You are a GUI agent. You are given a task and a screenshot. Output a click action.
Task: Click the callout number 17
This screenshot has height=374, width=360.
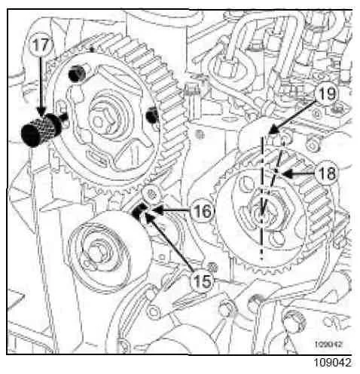[x=40, y=45]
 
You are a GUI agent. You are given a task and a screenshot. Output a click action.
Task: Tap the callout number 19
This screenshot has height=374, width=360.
[x=327, y=93]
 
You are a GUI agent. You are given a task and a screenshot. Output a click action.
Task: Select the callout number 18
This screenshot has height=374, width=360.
[x=327, y=173]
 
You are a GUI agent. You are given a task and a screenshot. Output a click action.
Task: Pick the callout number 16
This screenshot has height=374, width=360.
[x=203, y=210]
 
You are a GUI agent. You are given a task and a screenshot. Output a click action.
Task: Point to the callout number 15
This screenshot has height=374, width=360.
[x=203, y=280]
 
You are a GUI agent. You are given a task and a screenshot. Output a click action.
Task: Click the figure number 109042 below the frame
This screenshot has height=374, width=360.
[x=332, y=363]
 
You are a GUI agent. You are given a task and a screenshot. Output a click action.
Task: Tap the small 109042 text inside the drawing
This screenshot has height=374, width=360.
[x=328, y=344]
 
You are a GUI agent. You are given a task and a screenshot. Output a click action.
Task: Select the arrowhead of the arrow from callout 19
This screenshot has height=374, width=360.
[x=273, y=130]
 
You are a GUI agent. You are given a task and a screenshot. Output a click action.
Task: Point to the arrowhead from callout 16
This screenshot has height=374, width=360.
[x=158, y=210]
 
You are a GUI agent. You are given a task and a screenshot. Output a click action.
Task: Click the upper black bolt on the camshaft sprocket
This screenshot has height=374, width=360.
[x=77, y=74]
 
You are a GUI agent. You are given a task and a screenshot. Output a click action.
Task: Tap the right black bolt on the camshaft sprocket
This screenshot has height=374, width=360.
[x=152, y=115]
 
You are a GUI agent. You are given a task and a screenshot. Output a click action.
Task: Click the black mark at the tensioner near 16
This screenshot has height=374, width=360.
[x=139, y=210]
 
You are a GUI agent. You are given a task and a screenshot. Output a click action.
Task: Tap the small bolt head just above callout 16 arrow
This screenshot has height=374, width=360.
[x=151, y=194]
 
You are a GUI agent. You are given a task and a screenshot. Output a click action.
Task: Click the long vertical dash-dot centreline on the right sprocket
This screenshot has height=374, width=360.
[x=262, y=198]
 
